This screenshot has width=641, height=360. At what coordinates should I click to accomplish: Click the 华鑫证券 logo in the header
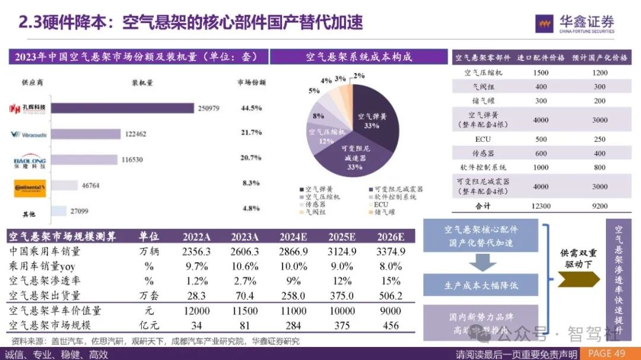(x=575, y=23)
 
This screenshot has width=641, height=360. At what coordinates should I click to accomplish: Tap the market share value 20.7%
(x=252, y=158)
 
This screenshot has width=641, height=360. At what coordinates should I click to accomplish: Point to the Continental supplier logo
(x=30, y=188)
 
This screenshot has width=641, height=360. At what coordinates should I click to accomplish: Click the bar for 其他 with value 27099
(x=59, y=211)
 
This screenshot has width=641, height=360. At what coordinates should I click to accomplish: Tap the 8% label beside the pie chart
(x=318, y=116)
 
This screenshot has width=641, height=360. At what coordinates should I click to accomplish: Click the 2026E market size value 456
(x=391, y=325)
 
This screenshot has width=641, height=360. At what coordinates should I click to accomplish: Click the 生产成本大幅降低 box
(x=481, y=285)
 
